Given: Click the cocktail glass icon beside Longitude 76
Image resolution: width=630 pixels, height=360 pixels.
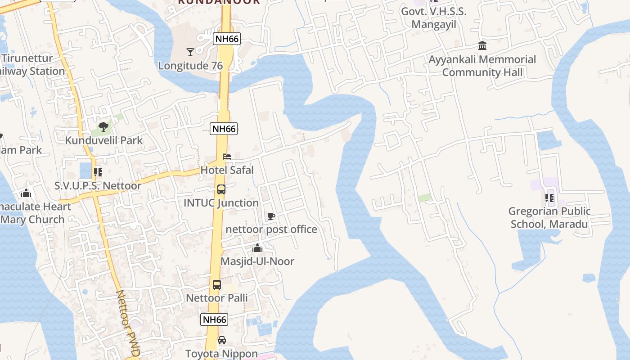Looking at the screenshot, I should tap(190, 52).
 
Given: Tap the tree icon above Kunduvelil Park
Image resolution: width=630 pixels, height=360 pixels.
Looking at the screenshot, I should tap(103, 127).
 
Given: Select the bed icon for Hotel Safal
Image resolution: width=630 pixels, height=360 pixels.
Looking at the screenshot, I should tap(227, 157).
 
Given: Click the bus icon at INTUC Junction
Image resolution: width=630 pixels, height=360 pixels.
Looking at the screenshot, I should tap(221, 189).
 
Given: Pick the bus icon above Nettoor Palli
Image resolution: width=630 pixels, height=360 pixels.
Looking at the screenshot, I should tap(217, 284).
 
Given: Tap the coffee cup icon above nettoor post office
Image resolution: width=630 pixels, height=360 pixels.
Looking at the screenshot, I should tap(271, 216).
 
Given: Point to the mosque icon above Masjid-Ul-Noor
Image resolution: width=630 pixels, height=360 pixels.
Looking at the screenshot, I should tap(257, 248).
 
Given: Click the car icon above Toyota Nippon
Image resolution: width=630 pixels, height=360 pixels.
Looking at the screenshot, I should tap(222, 340).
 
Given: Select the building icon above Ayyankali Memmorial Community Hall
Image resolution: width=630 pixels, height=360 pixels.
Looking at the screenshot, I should tap(482, 45).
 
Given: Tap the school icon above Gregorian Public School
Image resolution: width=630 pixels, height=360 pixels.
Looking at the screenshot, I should tap(549, 198).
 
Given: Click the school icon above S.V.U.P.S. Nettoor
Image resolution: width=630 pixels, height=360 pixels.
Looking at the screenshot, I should tap(98, 172).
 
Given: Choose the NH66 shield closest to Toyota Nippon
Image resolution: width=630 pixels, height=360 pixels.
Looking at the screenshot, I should tap(214, 320).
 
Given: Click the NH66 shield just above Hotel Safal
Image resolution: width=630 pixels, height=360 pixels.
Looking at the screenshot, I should tap(224, 129).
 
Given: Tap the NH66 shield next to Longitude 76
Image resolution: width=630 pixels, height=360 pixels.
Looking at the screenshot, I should tap(227, 39).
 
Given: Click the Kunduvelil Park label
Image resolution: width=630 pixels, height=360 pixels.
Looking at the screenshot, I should tap(104, 140).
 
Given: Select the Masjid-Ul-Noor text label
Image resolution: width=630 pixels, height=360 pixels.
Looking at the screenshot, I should tap(257, 261).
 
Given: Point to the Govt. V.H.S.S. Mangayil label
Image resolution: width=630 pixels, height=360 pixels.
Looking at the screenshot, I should tap(434, 18).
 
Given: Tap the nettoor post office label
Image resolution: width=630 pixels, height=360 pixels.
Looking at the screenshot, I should tap(271, 229).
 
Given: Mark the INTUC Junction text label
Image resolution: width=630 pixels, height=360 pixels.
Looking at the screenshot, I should tap(221, 203).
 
